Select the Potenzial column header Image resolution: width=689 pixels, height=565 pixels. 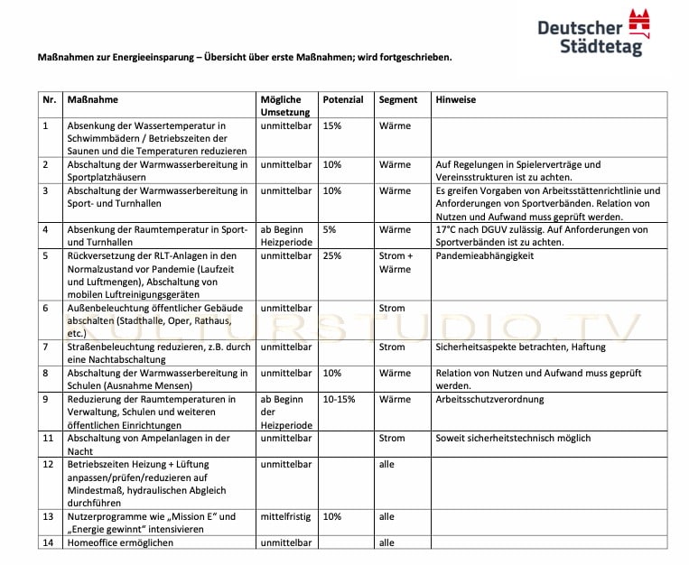[x=342, y=99]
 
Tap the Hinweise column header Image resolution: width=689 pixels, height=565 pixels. [x=455, y=99]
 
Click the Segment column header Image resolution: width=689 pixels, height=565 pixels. [x=398, y=99]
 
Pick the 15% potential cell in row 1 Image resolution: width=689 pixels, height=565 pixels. [x=331, y=125]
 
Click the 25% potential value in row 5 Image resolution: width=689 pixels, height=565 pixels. [x=331, y=256]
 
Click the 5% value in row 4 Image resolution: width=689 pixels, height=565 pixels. [x=329, y=230]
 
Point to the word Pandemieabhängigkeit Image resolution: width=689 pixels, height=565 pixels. [x=484, y=256]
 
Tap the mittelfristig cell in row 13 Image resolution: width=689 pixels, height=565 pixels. [x=285, y=517]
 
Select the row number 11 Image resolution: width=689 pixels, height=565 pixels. [x=49, y=439]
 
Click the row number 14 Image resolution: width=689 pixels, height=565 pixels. [x=49, y=543]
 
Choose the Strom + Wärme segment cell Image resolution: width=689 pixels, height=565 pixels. [x=395, y=263]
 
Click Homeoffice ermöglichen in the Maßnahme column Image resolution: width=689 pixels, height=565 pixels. [x=120, y=543]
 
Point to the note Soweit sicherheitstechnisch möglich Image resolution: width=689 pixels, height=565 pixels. [x=513, y=439]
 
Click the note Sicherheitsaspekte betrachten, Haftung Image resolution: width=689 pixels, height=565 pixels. [x=520, y=347]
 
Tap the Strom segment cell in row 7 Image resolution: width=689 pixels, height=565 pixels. [x=392, y=347]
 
